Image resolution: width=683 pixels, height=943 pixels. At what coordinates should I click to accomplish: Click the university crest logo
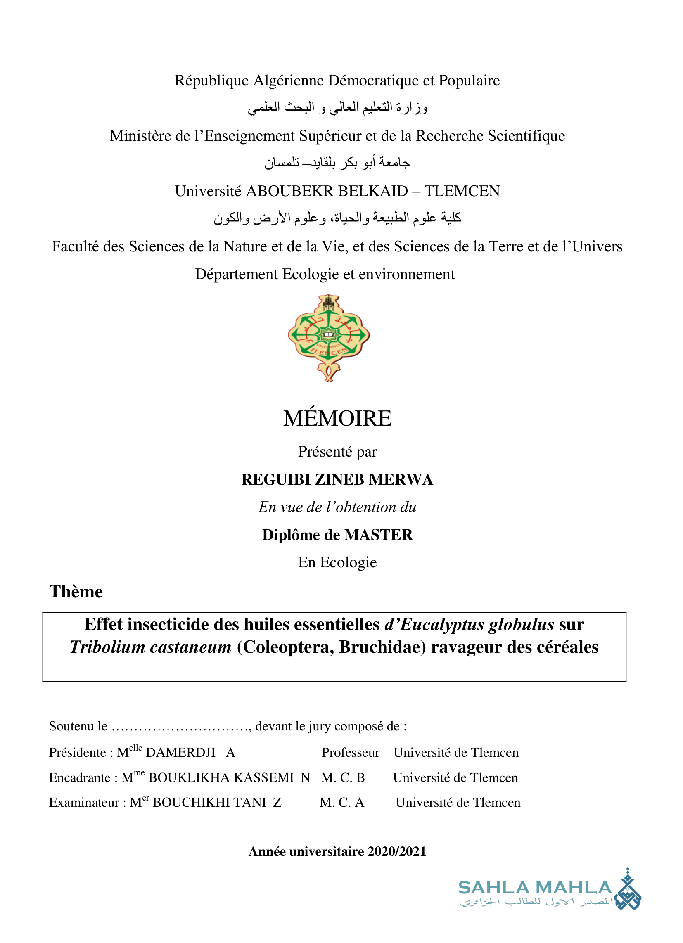(x=329, y=338)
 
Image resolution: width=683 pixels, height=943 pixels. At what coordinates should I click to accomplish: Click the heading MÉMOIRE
(x=337, y=418)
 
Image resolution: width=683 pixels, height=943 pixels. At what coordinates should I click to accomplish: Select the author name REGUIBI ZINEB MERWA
(x=337, y=480)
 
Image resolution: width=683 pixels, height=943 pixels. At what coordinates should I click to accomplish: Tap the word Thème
(x=76, y=592)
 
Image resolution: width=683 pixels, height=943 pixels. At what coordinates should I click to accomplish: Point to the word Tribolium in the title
(x=107, y=647)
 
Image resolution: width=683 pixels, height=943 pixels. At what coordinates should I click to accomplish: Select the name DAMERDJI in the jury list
(x=180, y=753)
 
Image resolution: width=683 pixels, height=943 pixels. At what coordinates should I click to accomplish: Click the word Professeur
(x=350, y=753)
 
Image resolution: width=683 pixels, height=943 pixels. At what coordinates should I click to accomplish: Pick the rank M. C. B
(x=343, y=777)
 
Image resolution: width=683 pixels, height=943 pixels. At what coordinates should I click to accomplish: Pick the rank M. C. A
(x=342, y=803)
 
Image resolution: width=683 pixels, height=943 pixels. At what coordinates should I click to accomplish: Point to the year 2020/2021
(x=397, y=851)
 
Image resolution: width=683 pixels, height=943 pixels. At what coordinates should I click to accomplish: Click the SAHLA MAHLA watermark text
(x=535, y=888)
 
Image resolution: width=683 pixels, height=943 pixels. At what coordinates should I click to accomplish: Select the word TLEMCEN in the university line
(x=462, y=191)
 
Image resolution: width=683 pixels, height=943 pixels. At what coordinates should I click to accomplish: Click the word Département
(x=236, y=275)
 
